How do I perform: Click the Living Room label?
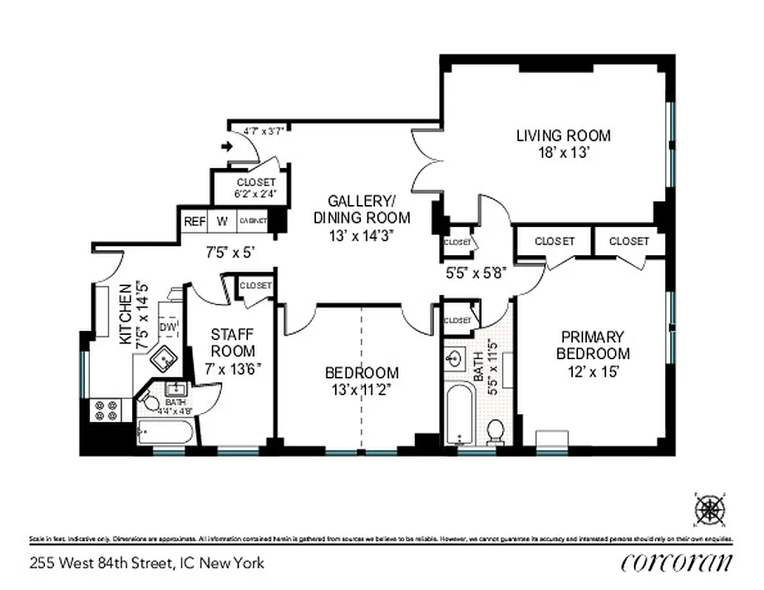click(x=563, y=136)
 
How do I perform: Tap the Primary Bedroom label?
click(x=593, y=345)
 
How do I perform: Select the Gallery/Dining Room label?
click(x=361, y=209)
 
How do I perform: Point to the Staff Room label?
click(x=233, y=343)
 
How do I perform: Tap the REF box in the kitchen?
click(x=195, y=221)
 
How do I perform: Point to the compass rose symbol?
click(x=710, y=508)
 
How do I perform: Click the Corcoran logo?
click(x=677, y=562)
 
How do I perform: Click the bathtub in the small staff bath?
click(x=166, y=432)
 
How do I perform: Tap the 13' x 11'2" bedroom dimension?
click(x=361, y=390)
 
